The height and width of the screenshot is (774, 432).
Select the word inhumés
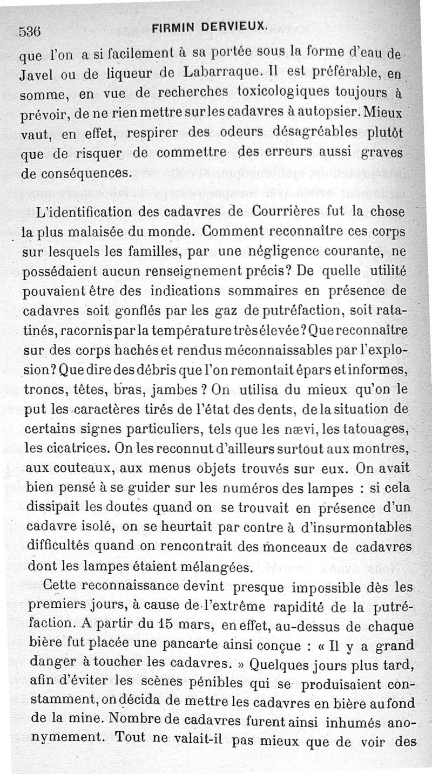(353, 722)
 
